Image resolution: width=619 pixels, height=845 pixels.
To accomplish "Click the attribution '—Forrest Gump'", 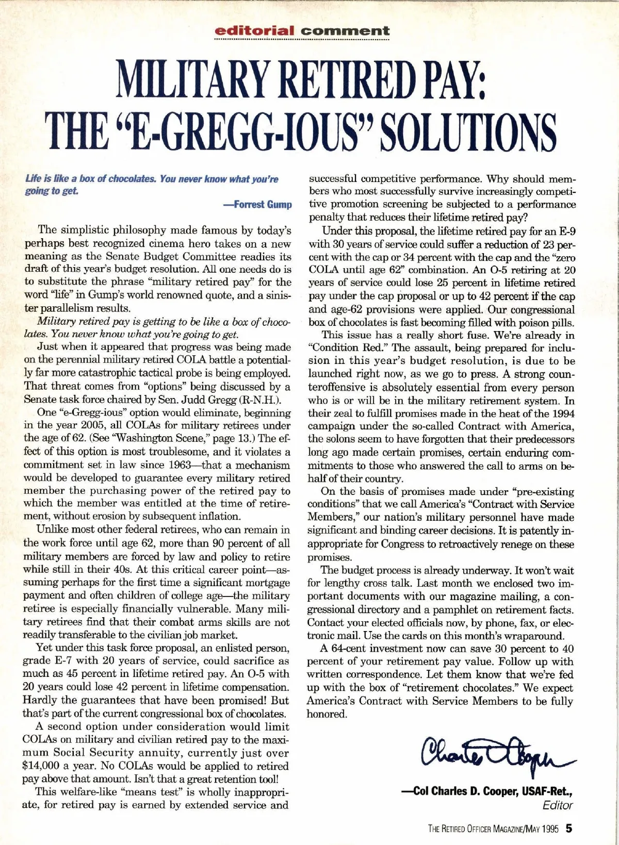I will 257,204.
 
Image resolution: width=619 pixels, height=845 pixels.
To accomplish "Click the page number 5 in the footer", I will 568,830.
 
